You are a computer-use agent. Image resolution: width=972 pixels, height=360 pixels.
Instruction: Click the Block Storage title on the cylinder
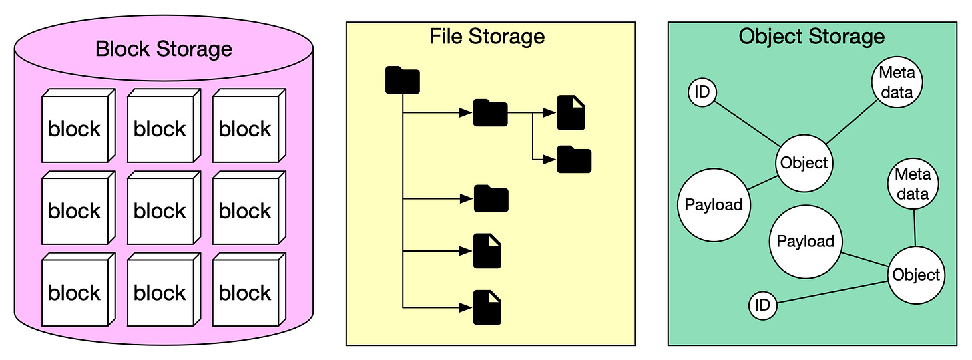(x=164, y=49)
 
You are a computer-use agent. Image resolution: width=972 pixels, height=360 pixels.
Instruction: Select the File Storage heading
(x=487, y=36)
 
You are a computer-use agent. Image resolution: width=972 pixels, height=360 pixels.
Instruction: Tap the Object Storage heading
(x=811, y=36)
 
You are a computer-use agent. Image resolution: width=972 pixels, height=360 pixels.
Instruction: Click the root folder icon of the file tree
(x=403, y=80)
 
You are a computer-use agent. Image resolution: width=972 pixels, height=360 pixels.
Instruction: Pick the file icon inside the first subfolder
(x=571, y=112)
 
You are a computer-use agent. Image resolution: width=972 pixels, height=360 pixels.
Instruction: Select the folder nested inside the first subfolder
(x=574, y=160)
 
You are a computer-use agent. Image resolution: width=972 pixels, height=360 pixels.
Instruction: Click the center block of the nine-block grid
(x=160, y=211)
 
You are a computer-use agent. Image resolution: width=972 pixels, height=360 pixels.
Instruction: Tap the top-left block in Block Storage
(x=74, y=129)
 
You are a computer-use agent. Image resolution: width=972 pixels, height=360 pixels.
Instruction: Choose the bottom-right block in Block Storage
(x=245, y=293)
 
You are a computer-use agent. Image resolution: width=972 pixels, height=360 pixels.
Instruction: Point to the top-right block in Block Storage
(x=245, y=129)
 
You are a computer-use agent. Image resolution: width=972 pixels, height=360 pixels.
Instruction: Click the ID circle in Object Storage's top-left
(x=702, y=92)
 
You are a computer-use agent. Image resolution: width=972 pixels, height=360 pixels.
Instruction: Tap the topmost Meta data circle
(x=897, y=83)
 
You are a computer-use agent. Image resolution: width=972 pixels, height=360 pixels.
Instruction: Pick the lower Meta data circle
(x=913, y=184)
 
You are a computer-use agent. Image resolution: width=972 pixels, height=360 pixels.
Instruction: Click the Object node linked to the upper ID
(x=804, y=163)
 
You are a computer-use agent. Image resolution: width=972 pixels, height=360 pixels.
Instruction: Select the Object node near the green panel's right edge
(x=916, y=275)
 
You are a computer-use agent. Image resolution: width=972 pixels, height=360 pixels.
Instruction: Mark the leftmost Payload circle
(x=714, y=205)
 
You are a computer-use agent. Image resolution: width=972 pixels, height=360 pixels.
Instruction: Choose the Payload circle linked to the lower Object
(x=806, y=241)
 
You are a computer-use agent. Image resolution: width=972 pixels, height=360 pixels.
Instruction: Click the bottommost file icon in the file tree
(x=487, y=307)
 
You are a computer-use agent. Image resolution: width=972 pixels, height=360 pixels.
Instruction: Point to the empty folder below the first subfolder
(x=491, y=199)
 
